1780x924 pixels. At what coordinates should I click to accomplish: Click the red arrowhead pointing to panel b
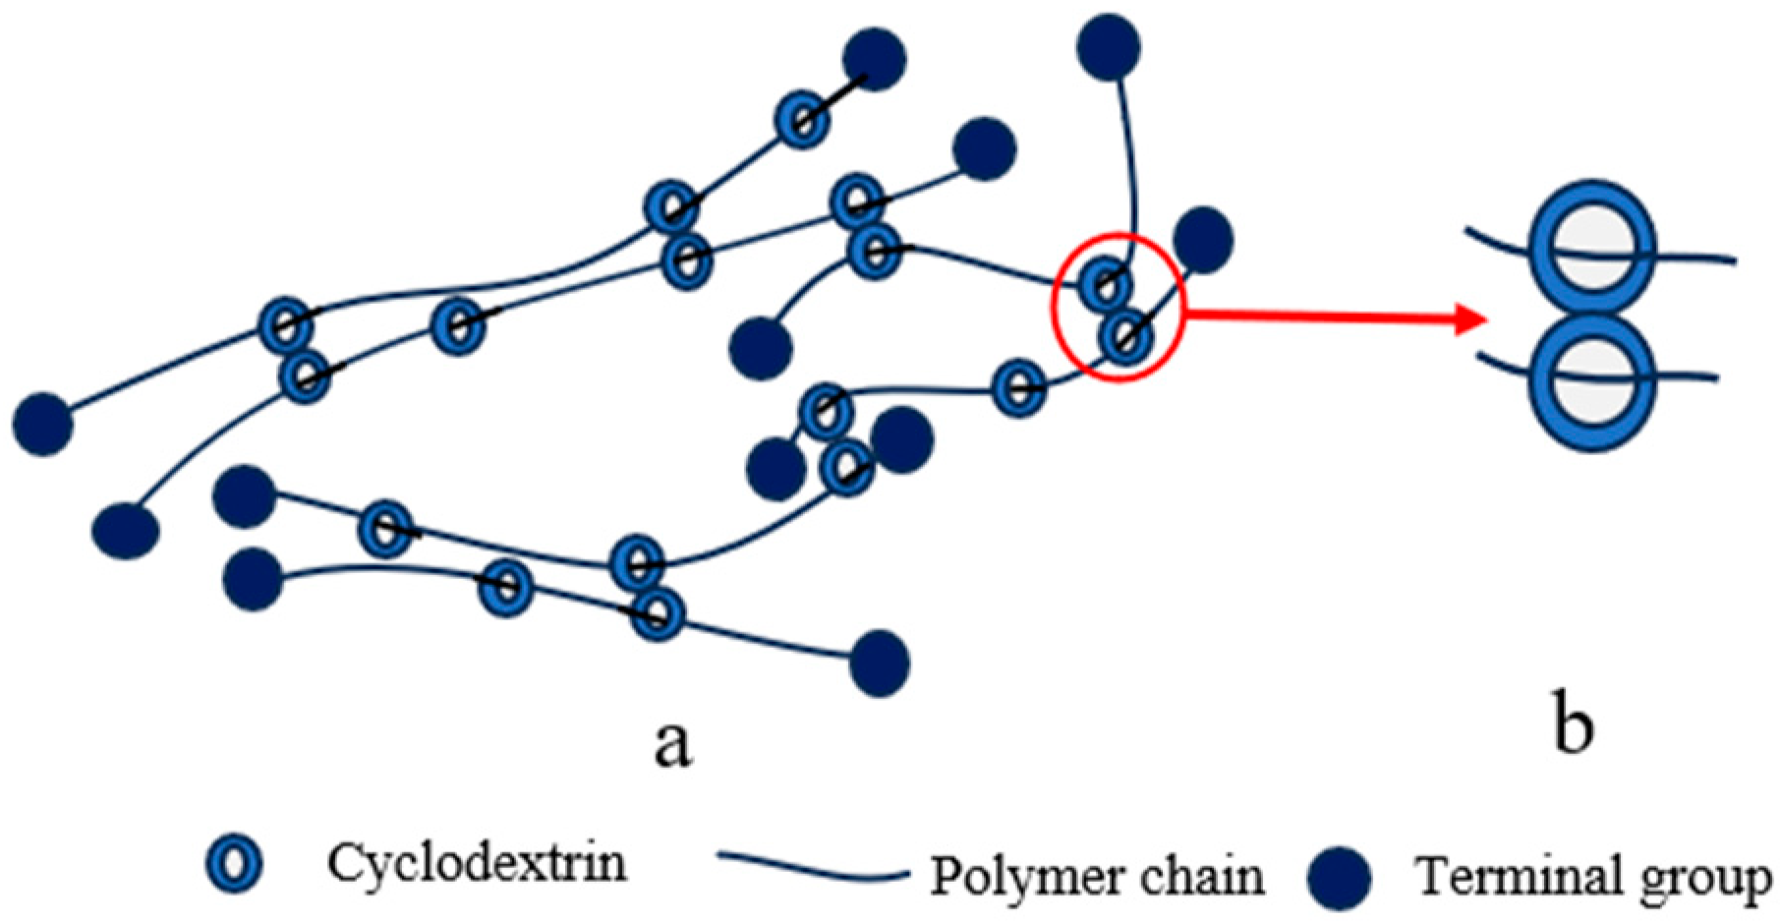click(1469, 318)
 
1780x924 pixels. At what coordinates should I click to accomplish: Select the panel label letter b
click(1574, 727)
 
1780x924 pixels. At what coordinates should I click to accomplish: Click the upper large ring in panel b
click(1593, 248)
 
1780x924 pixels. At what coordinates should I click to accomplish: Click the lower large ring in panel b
click(1593, 381)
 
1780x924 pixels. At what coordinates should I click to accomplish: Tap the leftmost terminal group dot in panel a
click(42, 425)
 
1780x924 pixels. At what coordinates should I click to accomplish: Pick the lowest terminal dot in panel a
click(879, 664)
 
